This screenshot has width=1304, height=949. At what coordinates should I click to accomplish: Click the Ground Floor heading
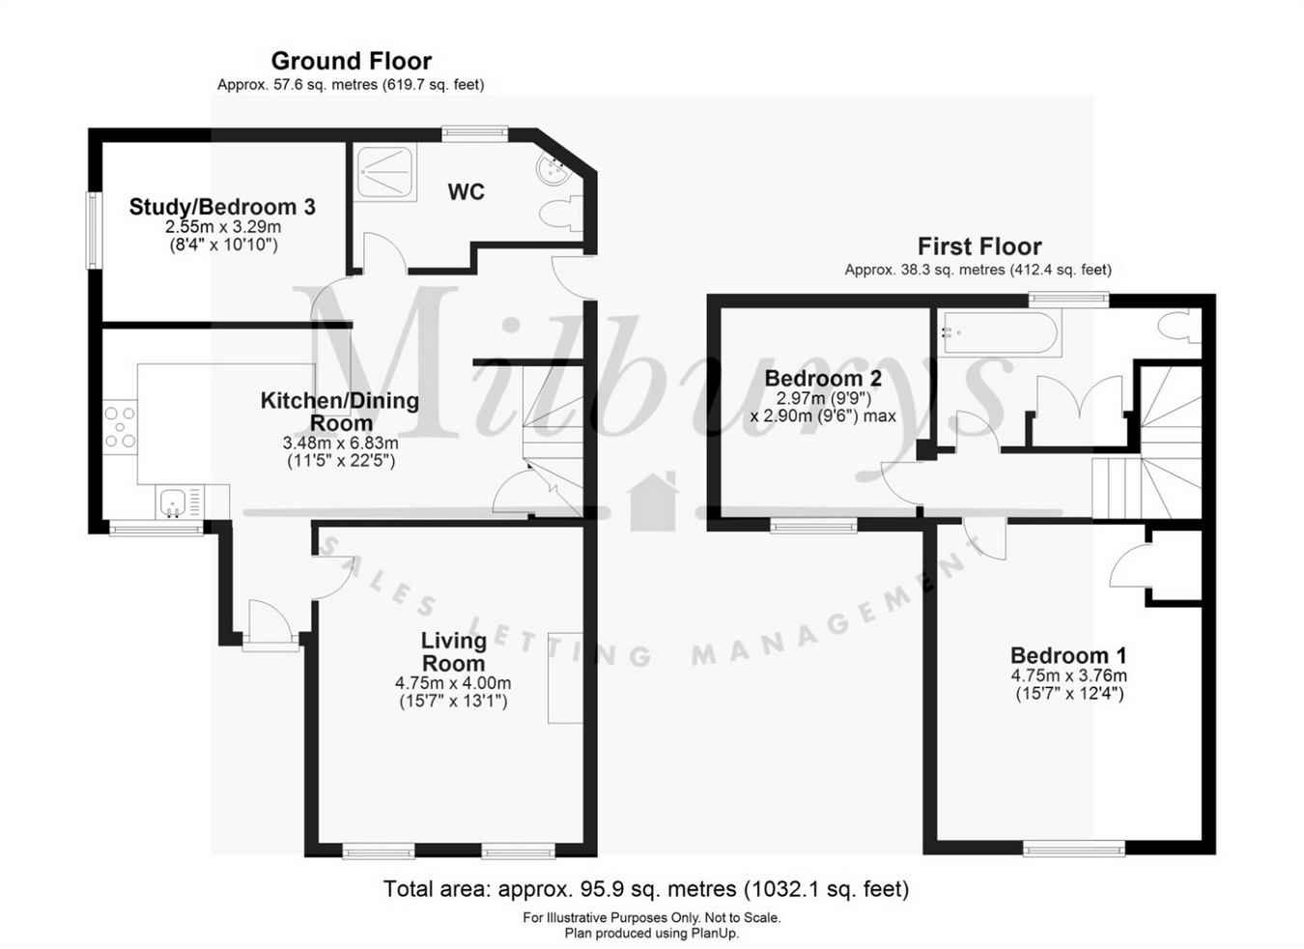coord(351,61)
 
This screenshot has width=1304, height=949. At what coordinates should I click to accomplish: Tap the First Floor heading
coord(978,246)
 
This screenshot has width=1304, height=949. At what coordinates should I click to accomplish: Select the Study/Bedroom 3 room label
coord(222,207)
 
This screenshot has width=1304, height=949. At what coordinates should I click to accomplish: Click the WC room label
coord(466,192)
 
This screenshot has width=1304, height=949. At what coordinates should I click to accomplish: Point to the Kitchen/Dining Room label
coord(340,412)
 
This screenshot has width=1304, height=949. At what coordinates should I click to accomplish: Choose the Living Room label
coord(453,651)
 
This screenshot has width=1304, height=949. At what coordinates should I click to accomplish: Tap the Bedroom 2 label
coord(823,378)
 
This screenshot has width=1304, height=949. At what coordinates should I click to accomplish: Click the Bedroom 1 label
coord(1068,655)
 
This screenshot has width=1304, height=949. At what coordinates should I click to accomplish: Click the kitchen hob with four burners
coord(121,427)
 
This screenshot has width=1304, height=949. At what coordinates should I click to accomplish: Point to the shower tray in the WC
coord(386,172)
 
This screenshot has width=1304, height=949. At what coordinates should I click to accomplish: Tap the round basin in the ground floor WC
coord(553,171)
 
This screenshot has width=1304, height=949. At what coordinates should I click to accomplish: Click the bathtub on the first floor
coord(999,334)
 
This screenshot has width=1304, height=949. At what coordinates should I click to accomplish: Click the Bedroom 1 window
coord(1074,848)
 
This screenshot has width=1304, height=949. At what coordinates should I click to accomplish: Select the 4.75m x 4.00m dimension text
coord(453,683)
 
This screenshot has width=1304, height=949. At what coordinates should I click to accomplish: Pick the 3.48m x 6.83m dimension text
coord(340,444)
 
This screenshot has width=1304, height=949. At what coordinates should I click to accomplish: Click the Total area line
coord(645,888)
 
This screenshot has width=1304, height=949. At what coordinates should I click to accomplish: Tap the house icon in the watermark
coord(653,502)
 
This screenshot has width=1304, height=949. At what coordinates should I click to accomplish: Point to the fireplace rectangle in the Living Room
coord(565,678)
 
